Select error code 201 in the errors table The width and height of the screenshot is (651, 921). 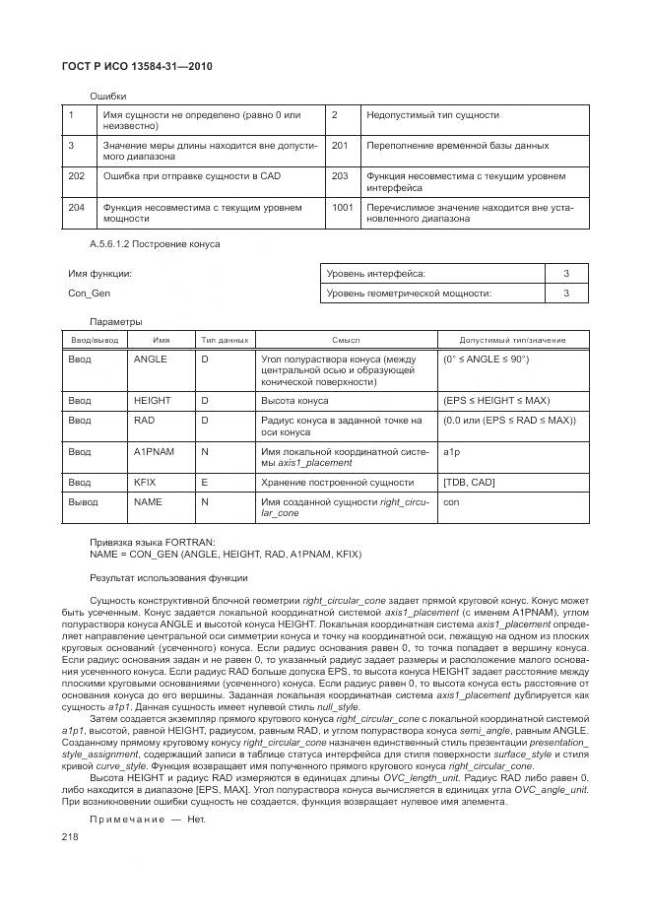pyautogui.click(x=340, y=146)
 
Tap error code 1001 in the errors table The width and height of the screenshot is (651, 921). pyautogui.click(x=343, y=208)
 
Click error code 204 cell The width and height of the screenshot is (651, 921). pyautogui.click(x=76, y=208)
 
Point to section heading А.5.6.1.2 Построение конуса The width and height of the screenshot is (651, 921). pyautogui.click(x=155, y=242)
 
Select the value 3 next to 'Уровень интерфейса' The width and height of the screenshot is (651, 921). pyautogui.click(x=566, y=273)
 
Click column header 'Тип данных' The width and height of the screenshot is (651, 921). pyautogui.click(x=225, y=339)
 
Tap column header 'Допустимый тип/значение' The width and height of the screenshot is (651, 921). pyautogui.click(x=512, y=339)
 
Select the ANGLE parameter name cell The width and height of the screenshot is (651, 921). pyautogui.click(x=151, y=360)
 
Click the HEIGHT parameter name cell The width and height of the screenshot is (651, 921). pyautogui.click(x=153, y=401)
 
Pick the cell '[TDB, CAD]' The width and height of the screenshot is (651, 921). pyautogui.click(x=470, y=483)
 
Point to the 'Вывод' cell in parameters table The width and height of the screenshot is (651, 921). pyautogui.click(x=83, y=501)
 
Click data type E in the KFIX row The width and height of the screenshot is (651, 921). pyautogui.click(x=205, y=483)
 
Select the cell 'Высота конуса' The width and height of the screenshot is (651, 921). pyautogui.click(x=294, y=401)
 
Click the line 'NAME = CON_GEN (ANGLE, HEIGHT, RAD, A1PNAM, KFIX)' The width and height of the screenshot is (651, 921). pyautogui.click(x=226, y=555)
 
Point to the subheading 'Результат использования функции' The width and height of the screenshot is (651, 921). pyautogui.click(x=168, y=577)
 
